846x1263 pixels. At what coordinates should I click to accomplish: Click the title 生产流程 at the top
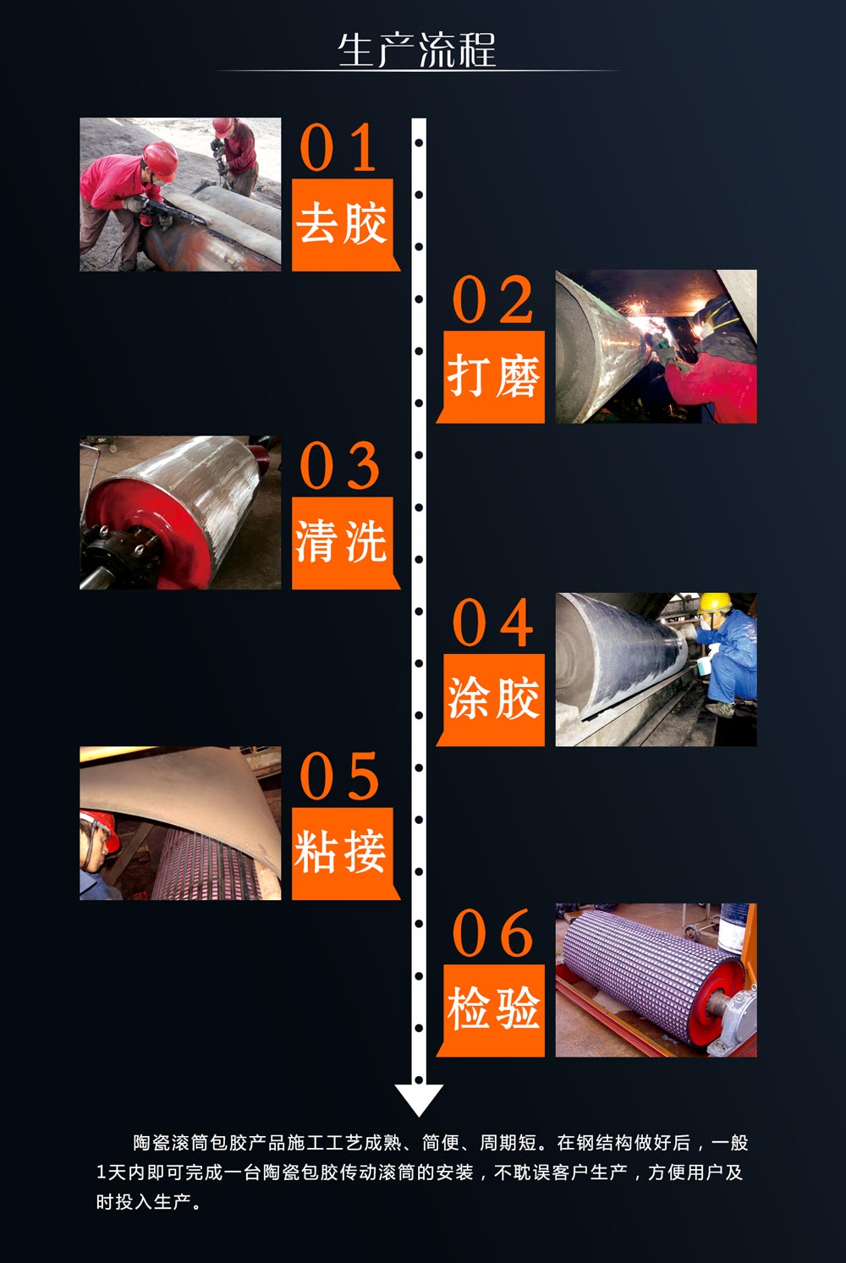pos(417,51)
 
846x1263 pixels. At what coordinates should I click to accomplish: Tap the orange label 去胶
pos(342,224)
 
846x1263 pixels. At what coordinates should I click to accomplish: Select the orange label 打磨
pos(493,376)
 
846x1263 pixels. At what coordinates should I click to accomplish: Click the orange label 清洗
pos(342,542)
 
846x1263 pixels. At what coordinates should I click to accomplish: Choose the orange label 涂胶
pos(493,699)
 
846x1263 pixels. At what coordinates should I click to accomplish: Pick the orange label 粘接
pos(342,853)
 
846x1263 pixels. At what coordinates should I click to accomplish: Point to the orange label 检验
pos(493,1008)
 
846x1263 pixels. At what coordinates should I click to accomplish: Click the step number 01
pos(338,148)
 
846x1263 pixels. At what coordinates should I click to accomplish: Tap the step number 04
pos(493,623)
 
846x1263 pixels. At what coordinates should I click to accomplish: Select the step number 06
pos(493,934)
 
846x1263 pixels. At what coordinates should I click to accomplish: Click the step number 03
pos(338,466)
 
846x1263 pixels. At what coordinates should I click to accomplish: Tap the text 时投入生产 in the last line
pos(144,1202)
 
